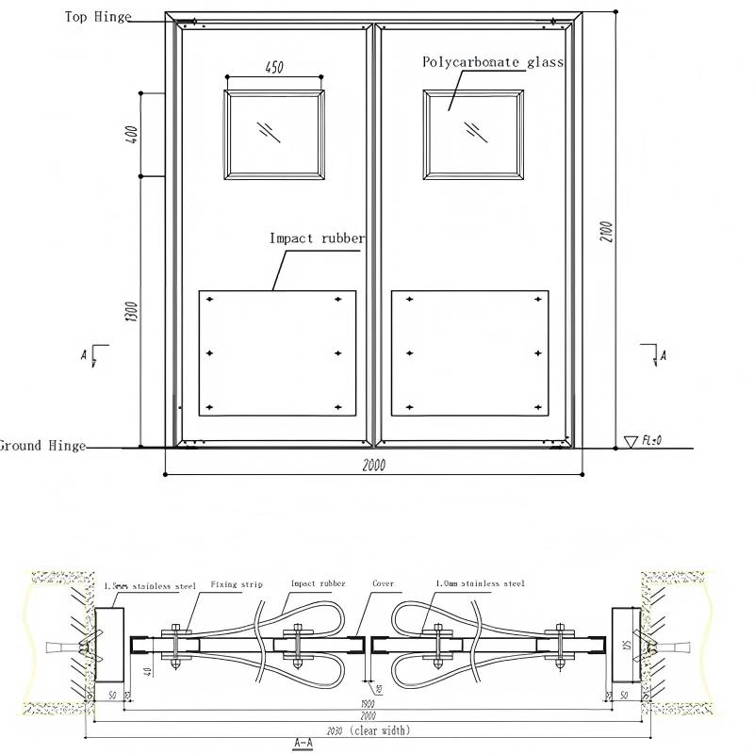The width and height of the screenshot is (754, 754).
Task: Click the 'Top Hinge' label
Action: [x=98, y=17]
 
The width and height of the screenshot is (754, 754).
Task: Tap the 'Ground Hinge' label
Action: [x=41, y=446]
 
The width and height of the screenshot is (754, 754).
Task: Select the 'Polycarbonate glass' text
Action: [x=492, y=62]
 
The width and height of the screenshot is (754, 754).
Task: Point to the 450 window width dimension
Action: [x=273, y=68]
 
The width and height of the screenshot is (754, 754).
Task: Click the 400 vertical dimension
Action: [x=133, y=134]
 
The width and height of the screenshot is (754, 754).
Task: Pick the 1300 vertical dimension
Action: [x=133, y=311]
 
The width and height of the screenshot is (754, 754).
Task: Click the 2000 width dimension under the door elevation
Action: [x=373, y=465]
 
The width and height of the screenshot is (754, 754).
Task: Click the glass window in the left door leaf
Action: [x=274, y=133]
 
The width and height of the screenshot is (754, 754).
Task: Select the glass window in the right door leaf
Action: [x=473, y=134]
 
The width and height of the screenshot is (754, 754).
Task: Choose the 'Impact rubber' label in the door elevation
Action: [x=317, y=238]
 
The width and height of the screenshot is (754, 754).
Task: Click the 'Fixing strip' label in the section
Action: [x=237, y=584]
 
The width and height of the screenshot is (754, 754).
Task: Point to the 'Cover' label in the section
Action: [x=383, y=584]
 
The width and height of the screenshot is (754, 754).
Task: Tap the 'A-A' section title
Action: [x=303, y=744]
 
